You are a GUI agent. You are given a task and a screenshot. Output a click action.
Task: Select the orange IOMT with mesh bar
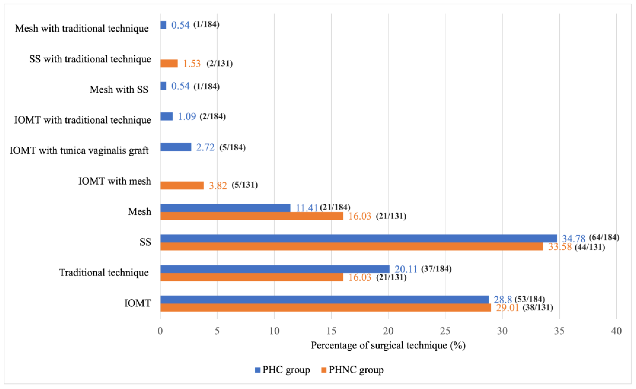(x=182, y=185)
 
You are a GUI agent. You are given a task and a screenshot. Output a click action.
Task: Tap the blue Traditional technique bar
(x=275, y=269)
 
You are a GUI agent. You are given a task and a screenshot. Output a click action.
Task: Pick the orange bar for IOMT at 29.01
(x=326, y=307)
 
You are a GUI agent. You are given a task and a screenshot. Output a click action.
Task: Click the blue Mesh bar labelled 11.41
(x=225, y=208)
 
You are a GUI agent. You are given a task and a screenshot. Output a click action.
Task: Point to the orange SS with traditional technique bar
(x=169, y=63)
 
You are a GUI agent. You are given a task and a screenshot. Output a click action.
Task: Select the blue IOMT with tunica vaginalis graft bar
(x=176, y=147)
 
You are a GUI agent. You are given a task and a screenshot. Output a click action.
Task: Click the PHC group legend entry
(x=282, y=370)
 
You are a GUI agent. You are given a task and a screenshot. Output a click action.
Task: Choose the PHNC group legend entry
(x=352, y=370)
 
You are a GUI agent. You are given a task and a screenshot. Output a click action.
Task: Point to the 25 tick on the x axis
(x=445, y=331)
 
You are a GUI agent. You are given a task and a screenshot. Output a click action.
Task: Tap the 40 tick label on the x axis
(x=616, y=331)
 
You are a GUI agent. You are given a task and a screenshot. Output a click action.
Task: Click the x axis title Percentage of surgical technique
(x=388, y=345)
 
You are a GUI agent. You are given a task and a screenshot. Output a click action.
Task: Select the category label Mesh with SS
(x=119, y=89)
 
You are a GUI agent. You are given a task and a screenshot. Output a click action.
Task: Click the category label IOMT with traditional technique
(x=82, y=120)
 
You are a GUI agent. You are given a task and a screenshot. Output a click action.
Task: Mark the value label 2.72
(x=205, y=147)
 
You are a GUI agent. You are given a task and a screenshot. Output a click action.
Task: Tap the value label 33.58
(x=560, y=247)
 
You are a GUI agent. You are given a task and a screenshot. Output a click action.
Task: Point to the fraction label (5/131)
(x=245, y=185)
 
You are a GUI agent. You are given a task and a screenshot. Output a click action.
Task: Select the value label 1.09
(x=187, y=116)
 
